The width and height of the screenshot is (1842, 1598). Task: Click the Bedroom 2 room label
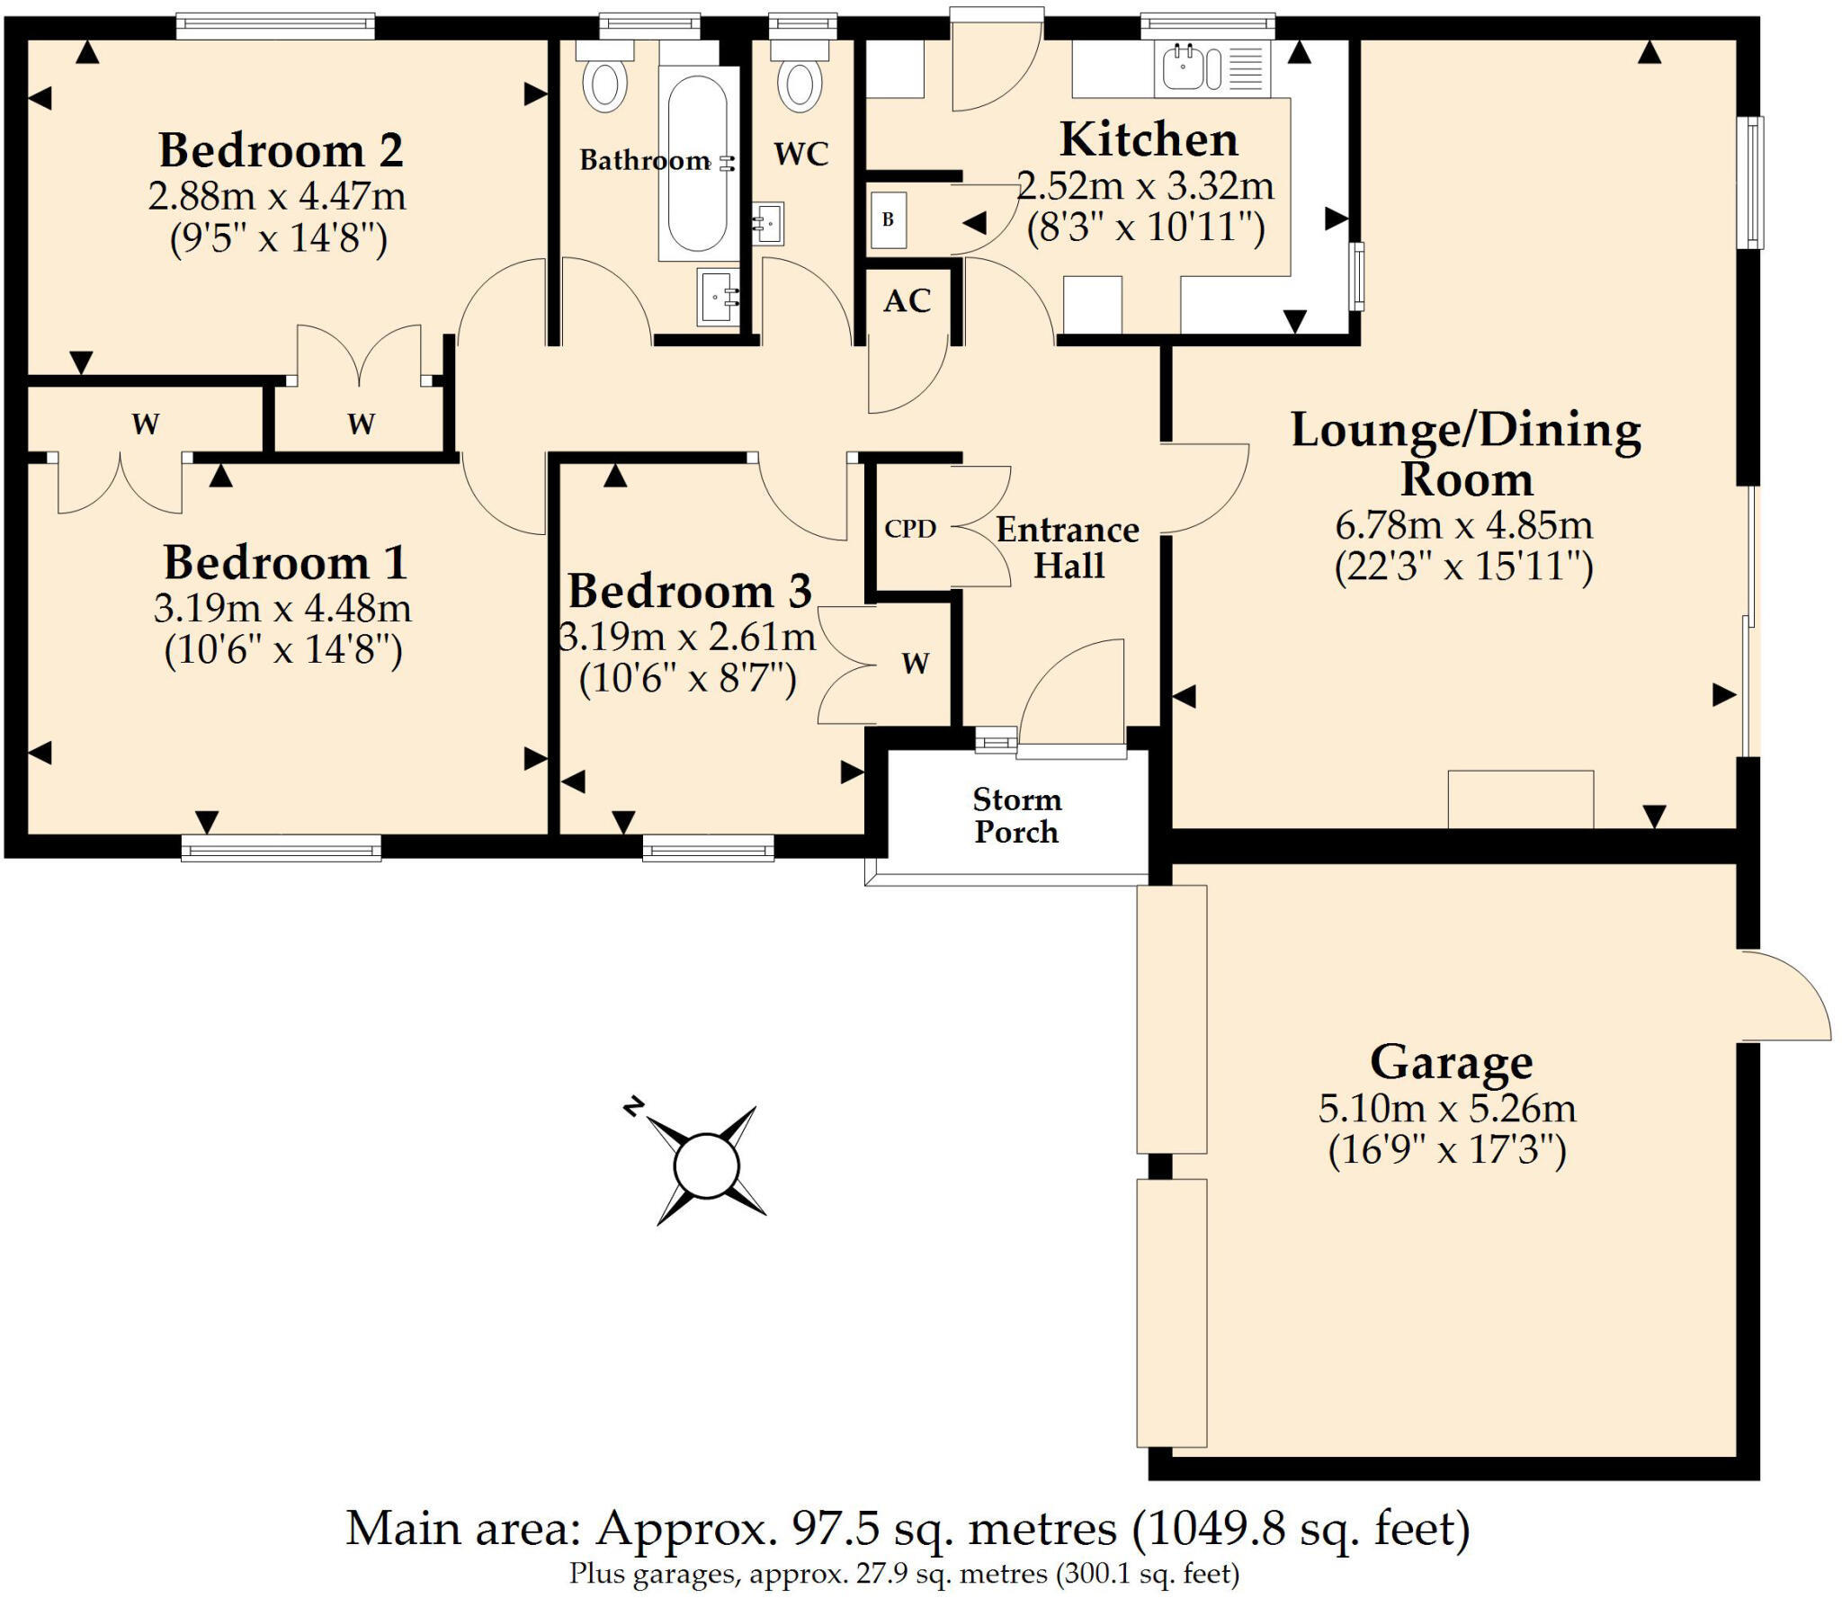(x=281, y=150)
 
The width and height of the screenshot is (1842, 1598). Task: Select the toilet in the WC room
(x=800, y=83)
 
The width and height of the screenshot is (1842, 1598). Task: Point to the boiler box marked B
(x=888, y=219)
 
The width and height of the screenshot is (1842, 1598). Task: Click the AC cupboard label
(x=907, y=301)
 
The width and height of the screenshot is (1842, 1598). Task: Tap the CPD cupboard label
(x=910, y=529)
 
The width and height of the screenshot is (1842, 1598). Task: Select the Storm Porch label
(x=1016, y=816)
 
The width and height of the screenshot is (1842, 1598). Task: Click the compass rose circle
(x=706, y=1165)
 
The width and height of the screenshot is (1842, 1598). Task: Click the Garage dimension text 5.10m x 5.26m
(x=1447, y=1108)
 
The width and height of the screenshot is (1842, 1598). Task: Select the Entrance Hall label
(x=1068, y=548)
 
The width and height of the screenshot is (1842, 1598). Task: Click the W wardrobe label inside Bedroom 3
(x=915, y=664)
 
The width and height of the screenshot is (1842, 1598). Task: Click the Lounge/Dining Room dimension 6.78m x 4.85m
(x=1463, y=524)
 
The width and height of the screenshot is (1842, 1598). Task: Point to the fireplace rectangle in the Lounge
(x=1520, y=799)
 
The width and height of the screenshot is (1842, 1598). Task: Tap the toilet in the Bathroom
(x=605, y=83)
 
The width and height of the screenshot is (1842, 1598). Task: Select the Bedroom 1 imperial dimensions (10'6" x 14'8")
(x=282, y=649)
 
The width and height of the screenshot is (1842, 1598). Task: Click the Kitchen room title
(x=1149, y=140)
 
